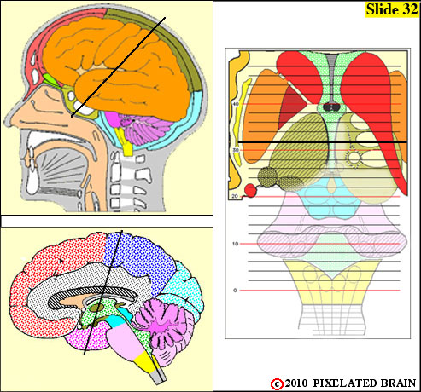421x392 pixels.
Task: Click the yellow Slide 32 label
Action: [391, 9]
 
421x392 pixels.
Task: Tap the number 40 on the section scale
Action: [236, 104]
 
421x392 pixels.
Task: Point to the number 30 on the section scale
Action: [236, 150]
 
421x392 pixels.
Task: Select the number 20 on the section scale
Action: [235, 196]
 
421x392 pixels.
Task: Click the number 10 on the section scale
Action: [235, 244]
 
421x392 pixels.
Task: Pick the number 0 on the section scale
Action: [235, 291]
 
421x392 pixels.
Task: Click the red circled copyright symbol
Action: [277, 383]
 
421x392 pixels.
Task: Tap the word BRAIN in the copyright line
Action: [398, 383]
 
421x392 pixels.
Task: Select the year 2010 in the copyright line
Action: [296, 383]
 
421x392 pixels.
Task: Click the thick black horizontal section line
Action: [323, 141]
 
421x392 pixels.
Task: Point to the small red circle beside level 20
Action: [250, 190]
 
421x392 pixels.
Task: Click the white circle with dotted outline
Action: [354, 158]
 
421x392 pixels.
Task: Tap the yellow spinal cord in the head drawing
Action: [126, 141]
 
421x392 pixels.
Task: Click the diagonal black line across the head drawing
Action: [118, 67]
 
